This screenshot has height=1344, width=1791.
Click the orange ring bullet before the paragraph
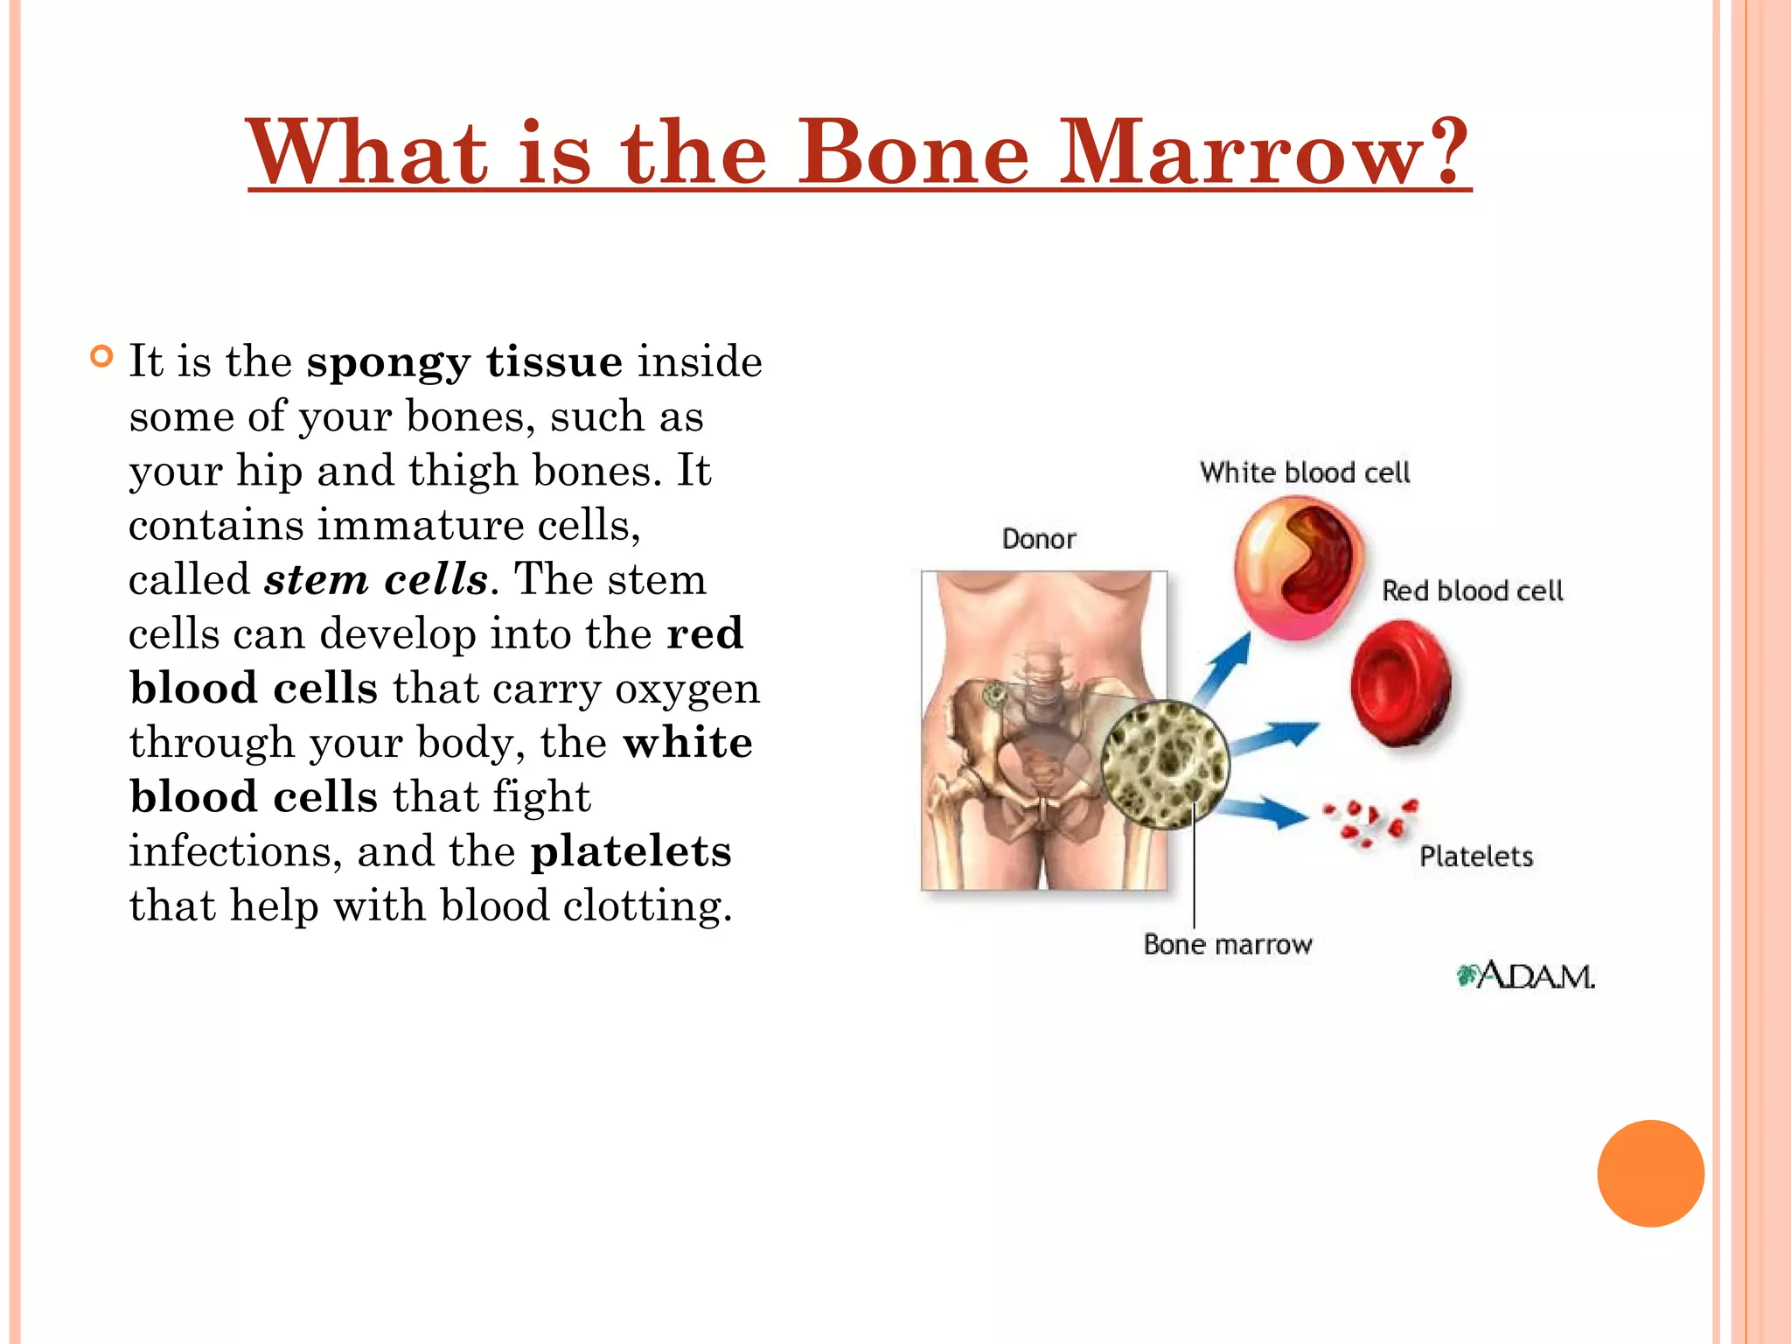[x=102, y=357]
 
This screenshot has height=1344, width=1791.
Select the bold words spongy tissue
[x=464, y=362]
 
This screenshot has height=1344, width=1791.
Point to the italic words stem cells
[x=376, y=579]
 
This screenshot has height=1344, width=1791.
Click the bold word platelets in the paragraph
[x=631, y=851]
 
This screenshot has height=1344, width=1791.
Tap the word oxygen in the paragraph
[x=686, y=689]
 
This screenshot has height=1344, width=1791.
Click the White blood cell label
[x=1305, y=473]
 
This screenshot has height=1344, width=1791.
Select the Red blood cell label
[x=1472, y=591]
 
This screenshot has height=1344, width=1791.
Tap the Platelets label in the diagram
[x=1476, y=857]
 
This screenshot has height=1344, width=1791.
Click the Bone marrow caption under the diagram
[x=1228, y=945]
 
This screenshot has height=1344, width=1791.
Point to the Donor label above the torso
[x=1038, y=539]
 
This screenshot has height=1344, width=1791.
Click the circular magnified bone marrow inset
[x=1165, y=765]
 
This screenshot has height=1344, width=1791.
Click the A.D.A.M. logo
[x=1526, y=976]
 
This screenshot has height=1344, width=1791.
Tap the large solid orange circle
[x=1650, y=1173]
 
